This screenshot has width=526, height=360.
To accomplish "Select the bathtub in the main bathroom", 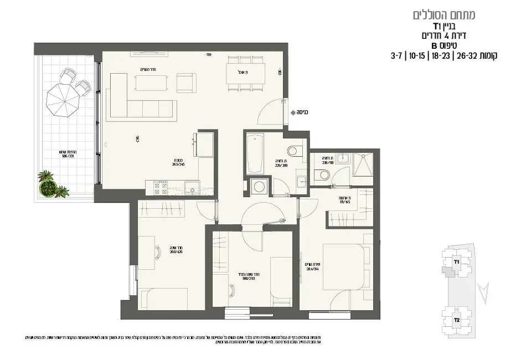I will (x=255, y=153).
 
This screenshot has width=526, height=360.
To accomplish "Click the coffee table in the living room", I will (x=151, y=83).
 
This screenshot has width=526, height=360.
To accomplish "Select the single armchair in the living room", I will (x=186, y=83).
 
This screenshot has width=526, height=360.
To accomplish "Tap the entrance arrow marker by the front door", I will (x=292, y=112).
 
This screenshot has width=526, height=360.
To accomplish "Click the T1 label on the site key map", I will (x=457, y=261).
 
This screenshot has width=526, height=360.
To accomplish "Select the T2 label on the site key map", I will (x=457, y=320).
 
